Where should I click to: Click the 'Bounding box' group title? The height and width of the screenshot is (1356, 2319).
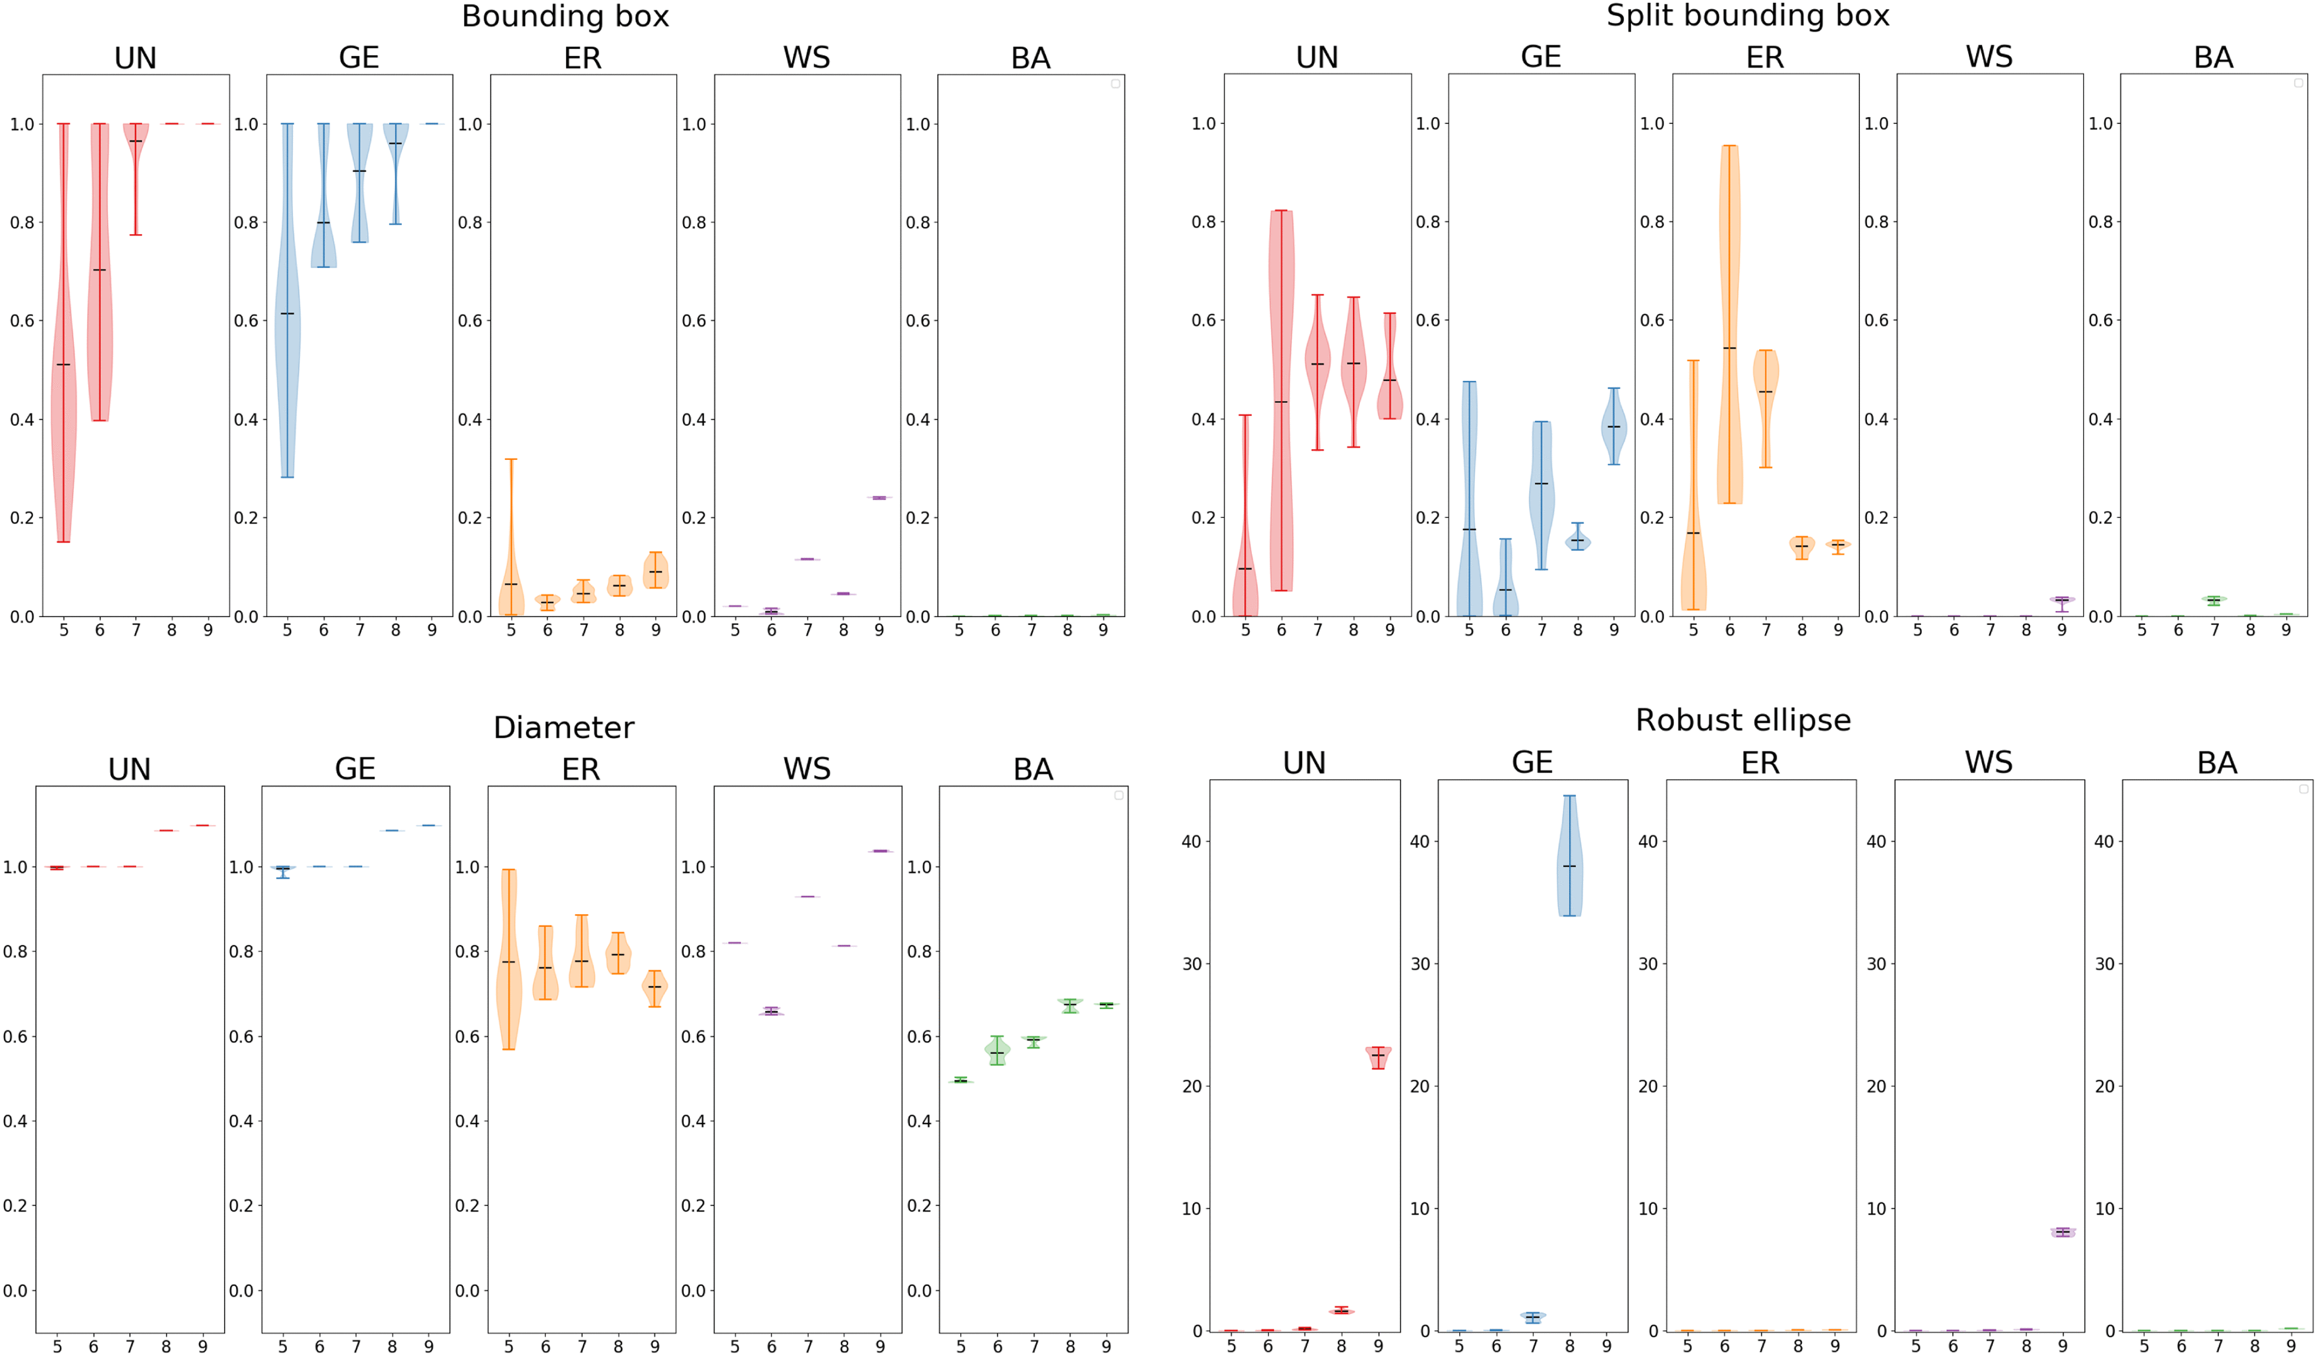tap(565, 17)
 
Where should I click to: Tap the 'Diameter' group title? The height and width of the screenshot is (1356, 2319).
tap(563, 727)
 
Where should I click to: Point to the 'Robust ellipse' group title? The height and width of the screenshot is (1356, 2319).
tap(1742, 720)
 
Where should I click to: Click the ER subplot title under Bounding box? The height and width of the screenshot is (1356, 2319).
tap(583, 58)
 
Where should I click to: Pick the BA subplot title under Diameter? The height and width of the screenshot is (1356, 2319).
tap(1032, 769)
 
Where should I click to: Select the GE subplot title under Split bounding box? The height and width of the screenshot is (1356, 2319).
tap(1541, 57)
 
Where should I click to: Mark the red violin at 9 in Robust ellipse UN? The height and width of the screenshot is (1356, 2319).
tap(1377, 1057)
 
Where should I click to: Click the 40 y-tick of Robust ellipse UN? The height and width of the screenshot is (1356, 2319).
tap(1191, 841)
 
